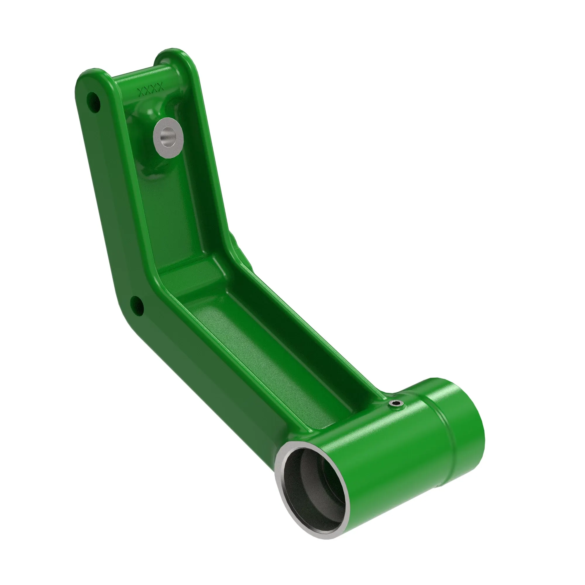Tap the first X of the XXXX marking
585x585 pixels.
141,91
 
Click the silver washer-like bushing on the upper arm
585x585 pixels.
168,138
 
